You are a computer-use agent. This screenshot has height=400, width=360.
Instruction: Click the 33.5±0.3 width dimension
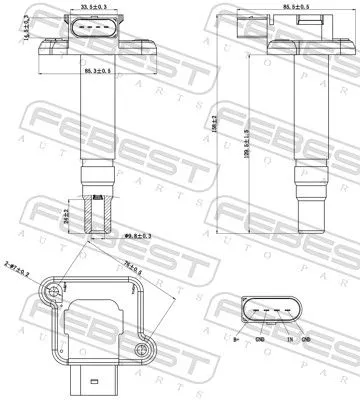click(x=91, y=7)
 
